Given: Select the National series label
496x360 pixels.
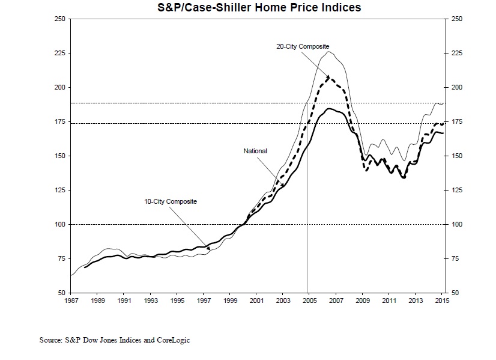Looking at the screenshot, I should click(255, 151).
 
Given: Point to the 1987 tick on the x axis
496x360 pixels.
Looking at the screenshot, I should click(71, 300).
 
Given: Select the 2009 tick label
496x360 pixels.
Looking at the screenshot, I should click(361, 300).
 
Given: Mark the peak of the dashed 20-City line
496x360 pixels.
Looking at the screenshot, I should click(328, 77).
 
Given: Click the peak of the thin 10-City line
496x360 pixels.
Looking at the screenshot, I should click(328, 52).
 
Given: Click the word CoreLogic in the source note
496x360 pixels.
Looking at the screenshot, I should click(175, 340).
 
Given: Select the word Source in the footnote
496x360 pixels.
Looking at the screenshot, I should click(50, 340).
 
